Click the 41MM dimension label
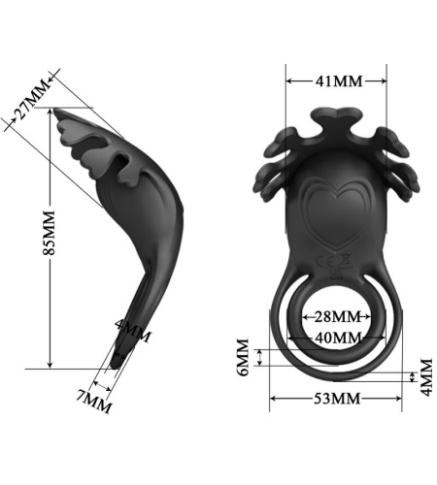click(339, 81)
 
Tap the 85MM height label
click(50, 233)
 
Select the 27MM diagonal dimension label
click(32, 100)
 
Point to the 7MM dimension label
click(94, 402)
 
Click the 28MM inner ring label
click(338, 316)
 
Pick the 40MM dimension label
click(338, 338)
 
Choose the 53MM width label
click(337, 399)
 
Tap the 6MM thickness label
click(243, 357)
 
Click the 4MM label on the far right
click(426, 377)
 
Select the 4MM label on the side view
click(133, 332)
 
